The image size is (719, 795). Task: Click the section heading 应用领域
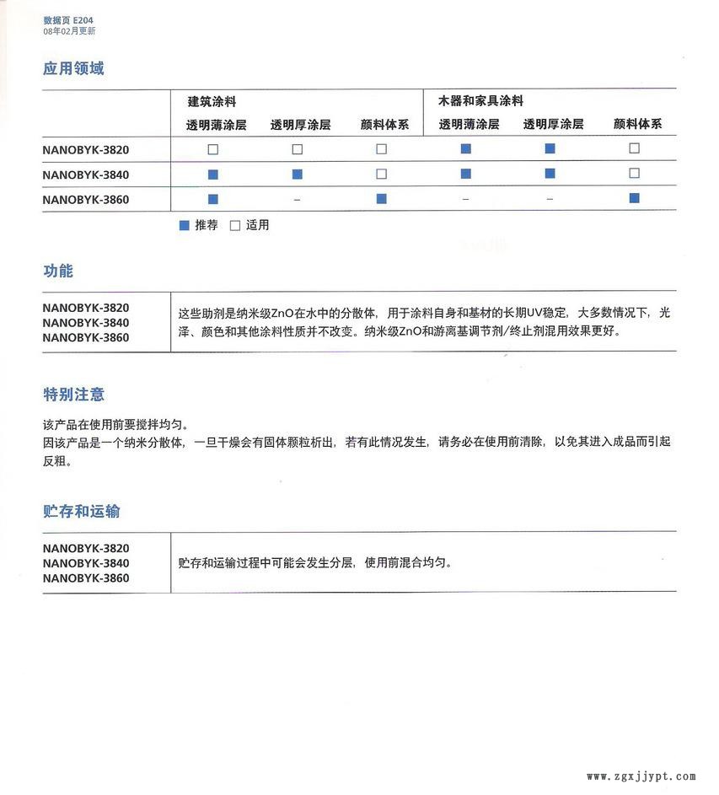click(73, 68)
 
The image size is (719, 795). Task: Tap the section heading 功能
click(58, 271)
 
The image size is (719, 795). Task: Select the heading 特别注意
click(73, 394)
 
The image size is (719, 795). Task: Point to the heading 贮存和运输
click(81, 511)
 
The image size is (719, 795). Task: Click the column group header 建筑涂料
click(212, 101)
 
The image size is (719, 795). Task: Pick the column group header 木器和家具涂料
click(480, 101)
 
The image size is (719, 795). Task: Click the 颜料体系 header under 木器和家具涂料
click(637, 124)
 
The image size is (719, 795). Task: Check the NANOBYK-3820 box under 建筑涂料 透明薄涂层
click(213, 149)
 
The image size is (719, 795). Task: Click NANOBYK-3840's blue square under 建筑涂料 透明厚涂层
click(297, 174)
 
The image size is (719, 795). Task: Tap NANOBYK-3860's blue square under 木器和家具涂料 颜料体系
click(634, 198)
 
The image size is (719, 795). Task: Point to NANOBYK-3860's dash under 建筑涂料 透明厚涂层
click(297, 199)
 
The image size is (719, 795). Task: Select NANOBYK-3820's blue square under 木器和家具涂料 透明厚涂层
click(550, 149)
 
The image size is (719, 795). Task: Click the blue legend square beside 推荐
click(184, 225)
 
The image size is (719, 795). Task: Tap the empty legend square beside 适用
click(235, 225)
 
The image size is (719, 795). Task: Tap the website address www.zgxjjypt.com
click(641, 776)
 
